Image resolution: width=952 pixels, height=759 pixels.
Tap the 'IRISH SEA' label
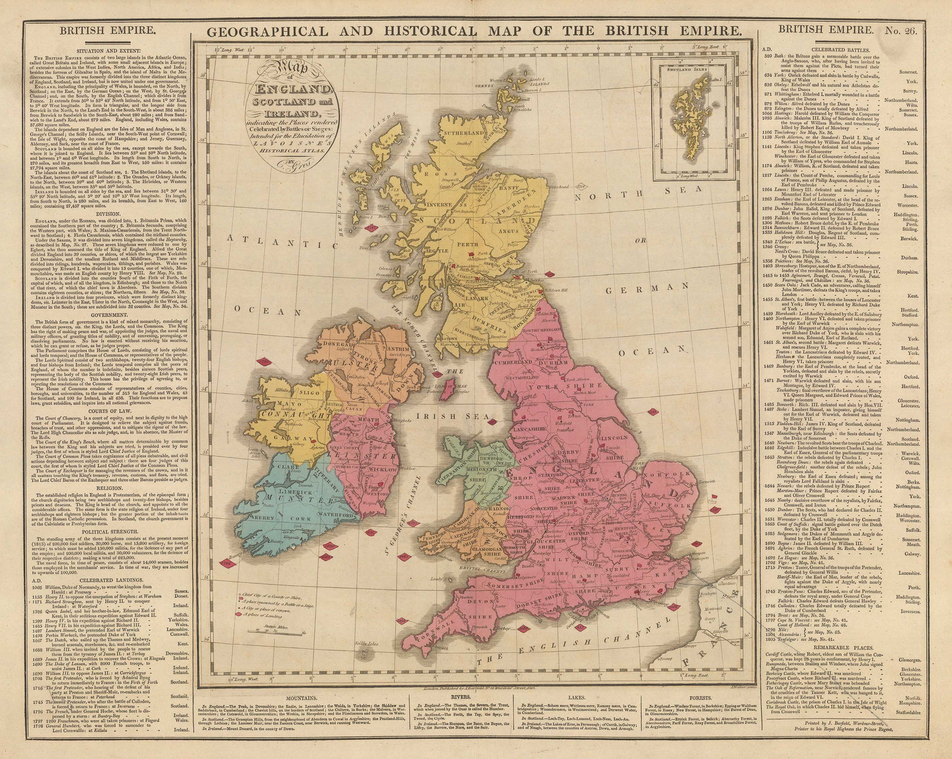(441, 416)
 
